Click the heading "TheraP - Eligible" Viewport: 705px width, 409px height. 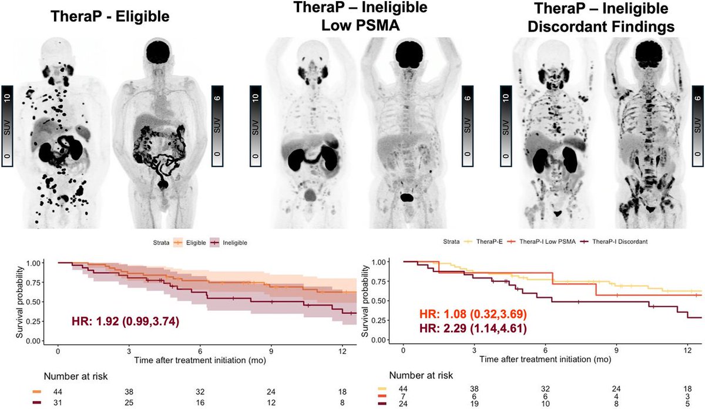[109, 17]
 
